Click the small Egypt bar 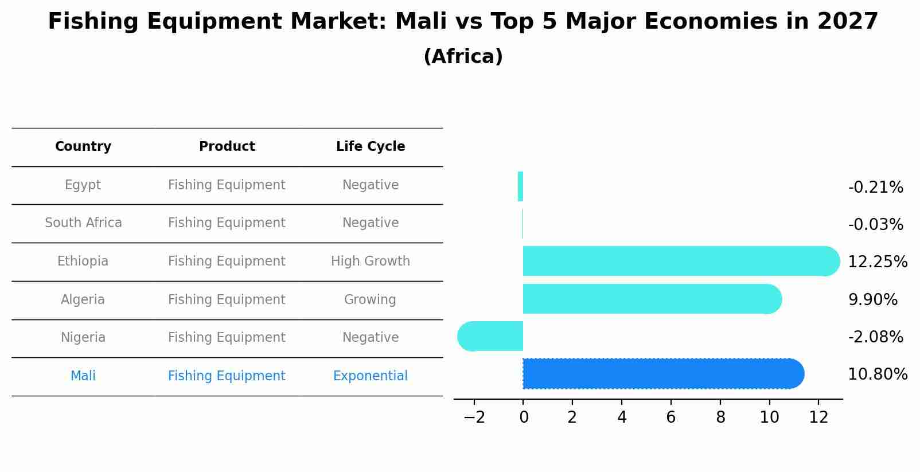520,186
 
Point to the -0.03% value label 875,224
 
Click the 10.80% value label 877,375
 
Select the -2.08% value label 875,337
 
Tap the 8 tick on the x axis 720,418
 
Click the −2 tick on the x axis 474,418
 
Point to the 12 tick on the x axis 818,418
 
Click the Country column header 83,147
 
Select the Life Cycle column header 371,147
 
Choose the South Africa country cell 83,223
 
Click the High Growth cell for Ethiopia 371,261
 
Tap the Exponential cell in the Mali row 371,376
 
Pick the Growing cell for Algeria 370,299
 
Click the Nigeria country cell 83,337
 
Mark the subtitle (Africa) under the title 463,57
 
